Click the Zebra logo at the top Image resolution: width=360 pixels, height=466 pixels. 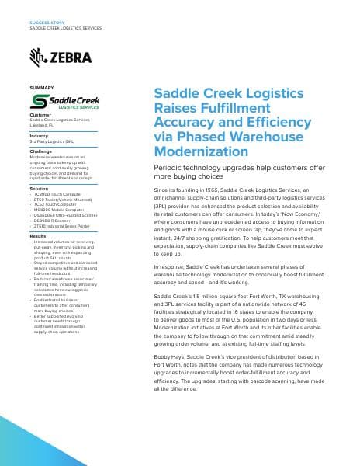[x=61, y=57]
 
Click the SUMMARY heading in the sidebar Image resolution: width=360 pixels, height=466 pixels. [x=41, y=88]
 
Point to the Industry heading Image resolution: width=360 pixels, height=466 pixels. [x=39, y=135]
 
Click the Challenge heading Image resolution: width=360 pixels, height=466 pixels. [x=41, y=151]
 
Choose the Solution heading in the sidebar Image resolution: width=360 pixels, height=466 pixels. [x=39, y=189]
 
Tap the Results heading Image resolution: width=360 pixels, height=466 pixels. [x=38, y=235]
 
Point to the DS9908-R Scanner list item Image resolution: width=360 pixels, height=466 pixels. [x=56, y=221]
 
